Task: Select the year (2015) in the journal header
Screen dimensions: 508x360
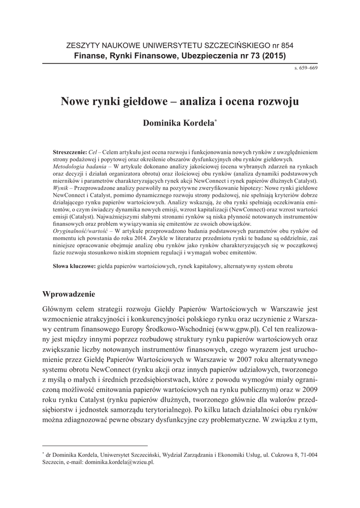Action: click(274, 56)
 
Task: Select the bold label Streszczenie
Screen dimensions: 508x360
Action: click(69, 150)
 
